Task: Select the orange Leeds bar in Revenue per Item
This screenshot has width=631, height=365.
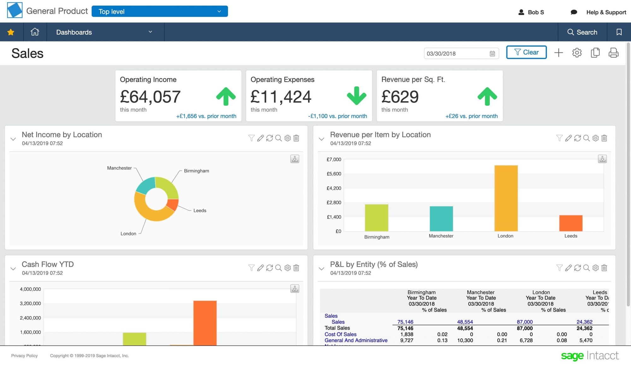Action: tap(571, 223)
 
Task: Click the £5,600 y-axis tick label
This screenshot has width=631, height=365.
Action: tap(334, 174)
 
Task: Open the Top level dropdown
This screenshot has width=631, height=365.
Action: tap(160, 11)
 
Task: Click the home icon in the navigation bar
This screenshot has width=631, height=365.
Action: tap(35, 32)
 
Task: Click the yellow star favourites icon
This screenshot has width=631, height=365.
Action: tap(11, 32)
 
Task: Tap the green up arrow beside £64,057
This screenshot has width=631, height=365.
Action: tap(226, 96)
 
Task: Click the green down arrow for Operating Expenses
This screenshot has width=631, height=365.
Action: tap(357, 96)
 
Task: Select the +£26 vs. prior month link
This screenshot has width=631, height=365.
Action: tap(471, 116)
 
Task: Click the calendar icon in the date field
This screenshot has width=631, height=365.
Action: tap(492, 54)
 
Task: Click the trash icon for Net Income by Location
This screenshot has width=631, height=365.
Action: tap(296, 138)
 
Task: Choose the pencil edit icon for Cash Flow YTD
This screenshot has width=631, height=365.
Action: tap(260, 268)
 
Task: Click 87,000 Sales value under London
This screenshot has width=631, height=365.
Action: tap(524, 322)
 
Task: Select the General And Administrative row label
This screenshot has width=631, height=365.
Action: tap(356, 340)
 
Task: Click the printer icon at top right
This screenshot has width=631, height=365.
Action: tap(613, 53)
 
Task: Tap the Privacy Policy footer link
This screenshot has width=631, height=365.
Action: tap(24, 356)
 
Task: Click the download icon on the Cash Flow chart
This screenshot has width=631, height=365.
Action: tap(295, 288)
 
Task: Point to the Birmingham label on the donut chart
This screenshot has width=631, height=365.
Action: tap(196, 171)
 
